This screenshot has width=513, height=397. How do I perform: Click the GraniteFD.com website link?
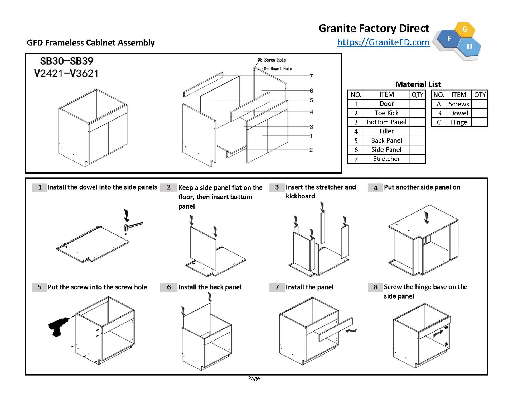[x=383, y=42]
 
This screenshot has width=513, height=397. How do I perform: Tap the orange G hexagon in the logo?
[x=465, y=29]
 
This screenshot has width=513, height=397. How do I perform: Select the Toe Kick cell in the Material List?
[x=386, y=113]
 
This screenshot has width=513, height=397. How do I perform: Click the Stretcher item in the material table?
[x=386, y=159]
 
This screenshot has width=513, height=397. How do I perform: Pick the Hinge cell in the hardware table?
[x=458, y=122]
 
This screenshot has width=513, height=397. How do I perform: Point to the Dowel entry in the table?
[x=459, y=113]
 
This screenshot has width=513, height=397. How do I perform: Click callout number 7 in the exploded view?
[x=311, y=76]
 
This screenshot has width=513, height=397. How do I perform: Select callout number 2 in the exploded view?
[x=311, y=150]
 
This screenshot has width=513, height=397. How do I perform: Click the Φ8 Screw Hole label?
[x=272, y=60]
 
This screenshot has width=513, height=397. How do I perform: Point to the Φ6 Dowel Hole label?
[x=278, y=69]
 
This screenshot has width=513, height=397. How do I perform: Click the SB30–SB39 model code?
[x=67, y=61]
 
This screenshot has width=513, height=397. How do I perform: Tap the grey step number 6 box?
[x=169, y=287]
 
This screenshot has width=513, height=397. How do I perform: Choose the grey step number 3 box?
[x=277, y=187]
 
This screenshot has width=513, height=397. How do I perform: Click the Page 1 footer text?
[x=256, y=378]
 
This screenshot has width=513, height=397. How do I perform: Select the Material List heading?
[x=418, y=84]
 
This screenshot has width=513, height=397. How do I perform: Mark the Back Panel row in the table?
[x=386, y=140]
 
